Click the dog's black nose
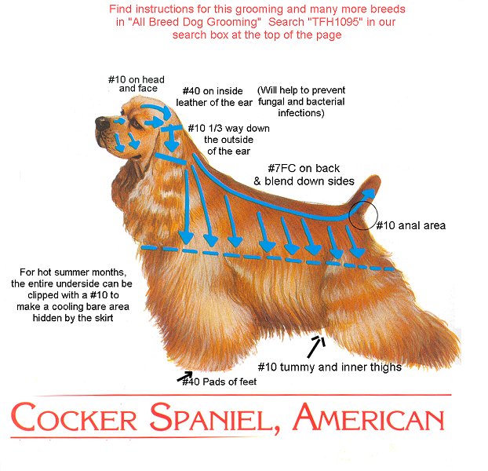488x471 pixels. (x=102, y=123)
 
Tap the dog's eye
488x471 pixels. (x=136, y=122)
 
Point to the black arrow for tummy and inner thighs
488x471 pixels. (x=316, y=346)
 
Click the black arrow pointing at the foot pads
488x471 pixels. (x=184, y=376)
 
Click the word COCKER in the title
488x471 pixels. (x=74, y=417)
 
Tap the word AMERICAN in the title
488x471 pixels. (x=369, y=417)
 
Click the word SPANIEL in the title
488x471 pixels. (x=213, y=418)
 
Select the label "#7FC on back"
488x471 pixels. (x=304, y=169)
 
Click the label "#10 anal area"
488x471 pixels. (x=411, y=225)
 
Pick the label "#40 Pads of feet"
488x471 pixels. (x=220, y=382)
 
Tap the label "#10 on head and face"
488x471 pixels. (x=137, y=84)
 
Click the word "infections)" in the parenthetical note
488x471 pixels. (x=301, y=113)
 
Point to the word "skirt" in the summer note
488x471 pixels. (x=103, y=318)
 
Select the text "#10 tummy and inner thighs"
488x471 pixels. (x=330, y=367)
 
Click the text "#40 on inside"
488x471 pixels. (x=213, y=91)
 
